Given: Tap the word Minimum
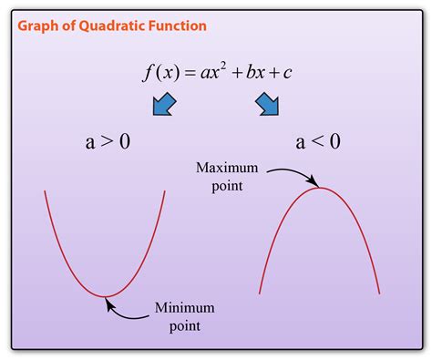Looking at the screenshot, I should pyautogui.click(x=184, y=307).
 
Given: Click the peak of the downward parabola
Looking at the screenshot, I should pyautogui.click(x=320, y=188).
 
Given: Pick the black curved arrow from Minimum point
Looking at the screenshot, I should pyautogui.click(x=128, y=313).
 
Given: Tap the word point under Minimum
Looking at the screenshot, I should pyautogui.click(x=183, y=324).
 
